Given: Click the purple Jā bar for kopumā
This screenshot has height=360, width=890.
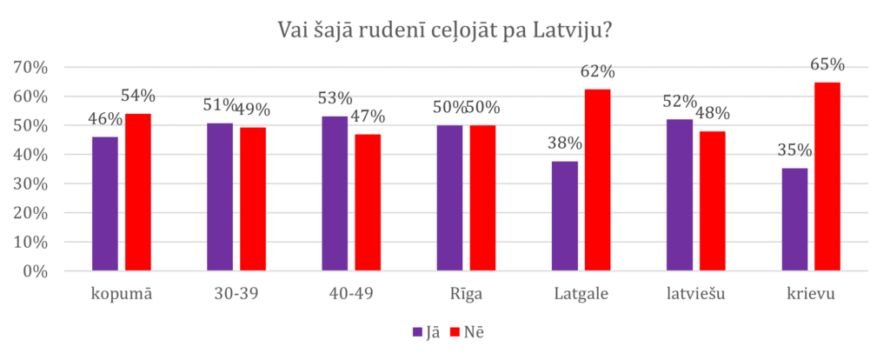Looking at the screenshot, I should coord(105,203).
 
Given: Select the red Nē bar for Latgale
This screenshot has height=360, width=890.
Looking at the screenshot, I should coord(597,180).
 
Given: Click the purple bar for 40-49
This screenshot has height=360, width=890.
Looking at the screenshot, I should coord(335,194).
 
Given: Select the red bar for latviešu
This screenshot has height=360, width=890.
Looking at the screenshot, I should coord(712,201).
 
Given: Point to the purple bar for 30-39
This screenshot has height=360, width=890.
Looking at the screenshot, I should coord(220,197).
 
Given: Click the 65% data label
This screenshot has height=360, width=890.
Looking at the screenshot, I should coord(827,65).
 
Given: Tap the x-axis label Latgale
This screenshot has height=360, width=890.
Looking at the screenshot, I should coord(581,294).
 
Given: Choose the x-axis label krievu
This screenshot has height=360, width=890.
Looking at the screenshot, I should coord(811,294).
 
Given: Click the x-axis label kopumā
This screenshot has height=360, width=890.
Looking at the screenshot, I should coord(122,294).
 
